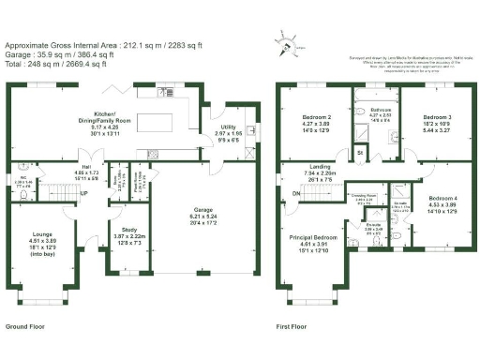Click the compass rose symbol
[283, 40]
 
